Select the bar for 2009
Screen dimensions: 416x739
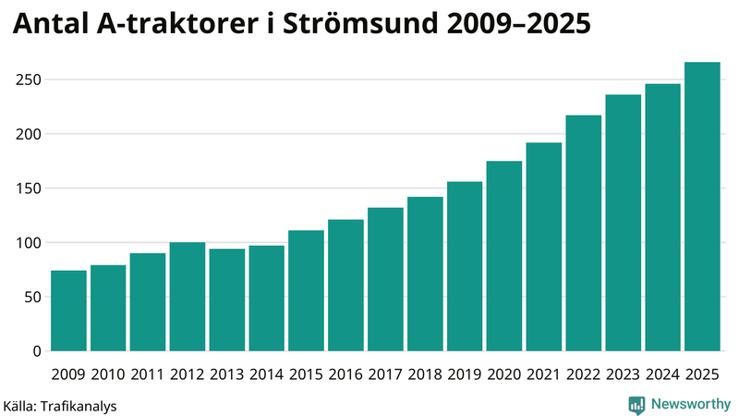tap(68, 311)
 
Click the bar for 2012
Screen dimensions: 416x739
tap(188, 297)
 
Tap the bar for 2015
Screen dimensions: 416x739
tap(306, 290)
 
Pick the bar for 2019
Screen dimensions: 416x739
tap(465, 266)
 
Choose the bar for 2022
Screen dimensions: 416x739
tap(583, 233)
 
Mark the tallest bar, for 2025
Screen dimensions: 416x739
tap(702, 206)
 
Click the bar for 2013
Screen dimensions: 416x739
tap(227, 300)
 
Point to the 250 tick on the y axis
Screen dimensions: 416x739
tap(30, 80)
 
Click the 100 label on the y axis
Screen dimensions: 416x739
tap(30, 243)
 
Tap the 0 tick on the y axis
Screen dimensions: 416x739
tap(38, 351)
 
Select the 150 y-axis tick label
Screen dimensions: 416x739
tap(30, 189)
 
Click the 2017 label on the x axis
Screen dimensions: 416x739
tap(385, 374)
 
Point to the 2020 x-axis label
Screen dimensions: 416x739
tap(504, 374)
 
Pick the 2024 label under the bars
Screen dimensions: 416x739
tap(662, 374)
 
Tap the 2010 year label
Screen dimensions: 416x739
tap(108, 374)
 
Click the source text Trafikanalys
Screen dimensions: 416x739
tap(79, 405)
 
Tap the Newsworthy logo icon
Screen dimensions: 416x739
tap(636, 404)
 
